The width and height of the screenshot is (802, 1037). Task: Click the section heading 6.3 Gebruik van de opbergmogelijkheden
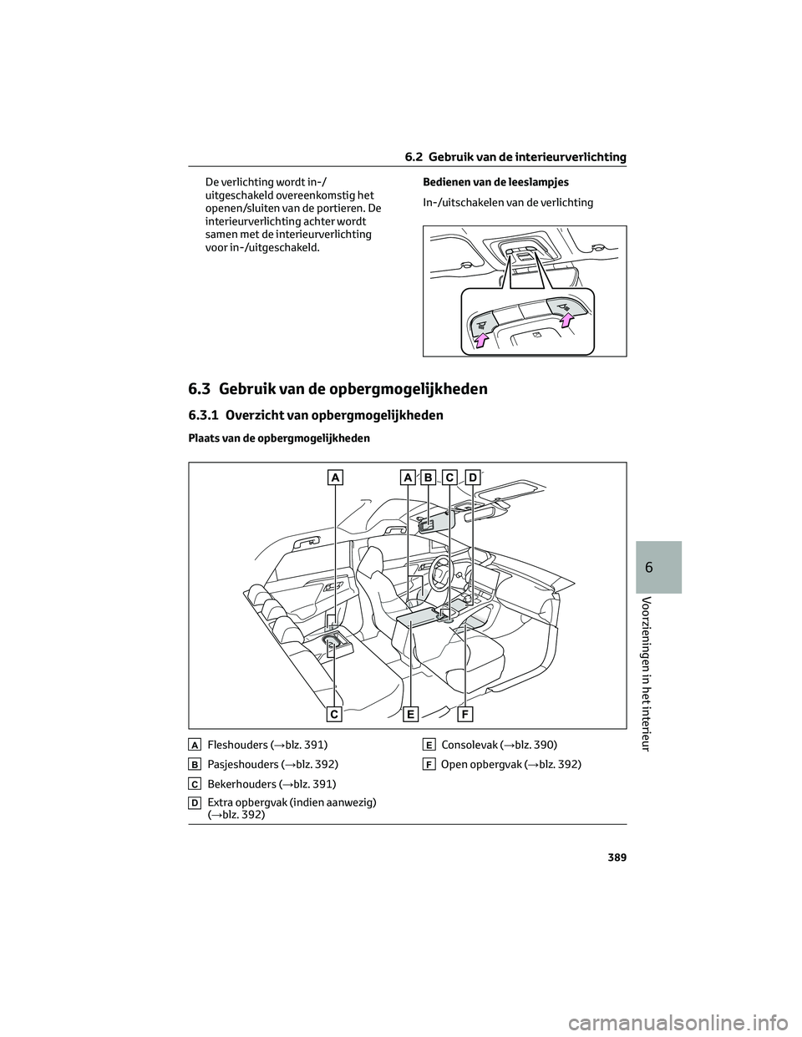point(338,389)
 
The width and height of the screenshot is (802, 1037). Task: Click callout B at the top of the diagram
point(429,477)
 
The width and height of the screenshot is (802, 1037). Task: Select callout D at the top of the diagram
point(472,477)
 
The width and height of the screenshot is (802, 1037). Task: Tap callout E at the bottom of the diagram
point(411,714)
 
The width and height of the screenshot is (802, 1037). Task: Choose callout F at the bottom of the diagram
point(464,714)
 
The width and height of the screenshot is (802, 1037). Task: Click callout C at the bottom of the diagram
point(334,714)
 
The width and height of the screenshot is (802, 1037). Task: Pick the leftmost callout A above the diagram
point(334,477)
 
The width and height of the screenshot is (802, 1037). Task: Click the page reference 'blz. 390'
point(532,744)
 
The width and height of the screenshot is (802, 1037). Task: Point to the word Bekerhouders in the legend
point(240,784)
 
